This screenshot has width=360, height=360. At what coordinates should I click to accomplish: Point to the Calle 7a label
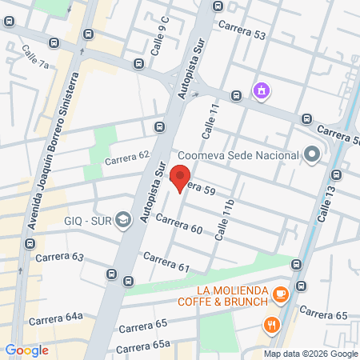pos(36,58)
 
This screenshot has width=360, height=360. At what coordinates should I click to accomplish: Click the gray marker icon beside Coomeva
pos(313,154)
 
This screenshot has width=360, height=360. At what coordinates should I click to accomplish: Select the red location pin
pos(180,178)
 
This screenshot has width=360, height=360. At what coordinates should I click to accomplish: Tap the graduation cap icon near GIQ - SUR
pos(123,219)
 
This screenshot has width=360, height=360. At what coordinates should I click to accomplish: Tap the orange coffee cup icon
pos(279,294)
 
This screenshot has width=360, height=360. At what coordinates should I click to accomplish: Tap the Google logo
pos(26,350)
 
